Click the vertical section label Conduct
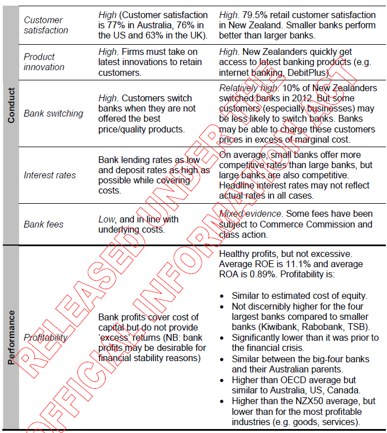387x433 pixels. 11,108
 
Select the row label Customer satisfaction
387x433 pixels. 46,25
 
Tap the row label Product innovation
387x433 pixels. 44,62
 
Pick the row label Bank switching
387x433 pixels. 53,113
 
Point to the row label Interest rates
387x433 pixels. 50,175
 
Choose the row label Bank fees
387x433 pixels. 44,224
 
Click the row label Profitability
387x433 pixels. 45,337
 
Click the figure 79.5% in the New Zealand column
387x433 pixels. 259,15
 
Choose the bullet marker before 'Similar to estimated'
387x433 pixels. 223,296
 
